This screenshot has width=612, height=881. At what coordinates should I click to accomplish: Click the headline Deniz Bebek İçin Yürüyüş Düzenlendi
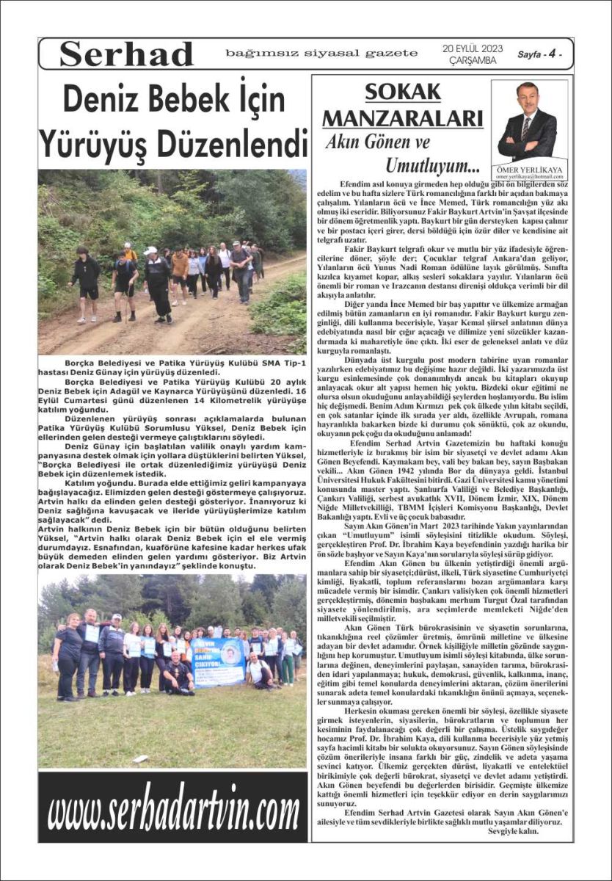(172, 119)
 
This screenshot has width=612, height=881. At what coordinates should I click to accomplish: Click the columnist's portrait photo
(527, 121)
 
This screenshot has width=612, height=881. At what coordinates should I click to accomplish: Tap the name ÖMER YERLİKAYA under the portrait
(528, 170)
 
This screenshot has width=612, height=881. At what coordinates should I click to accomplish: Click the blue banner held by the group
(219, 661)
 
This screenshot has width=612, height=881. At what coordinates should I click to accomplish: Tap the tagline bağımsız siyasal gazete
(321, 54)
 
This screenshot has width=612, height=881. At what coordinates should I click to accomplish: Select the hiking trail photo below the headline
(172, 262)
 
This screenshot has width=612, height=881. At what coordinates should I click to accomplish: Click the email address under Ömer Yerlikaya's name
(528, 178)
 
